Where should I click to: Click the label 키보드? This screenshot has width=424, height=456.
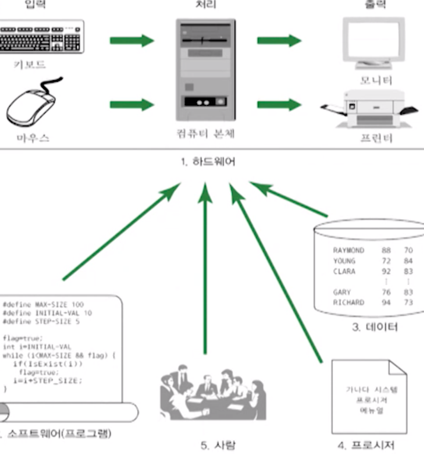click(x=30, y=63)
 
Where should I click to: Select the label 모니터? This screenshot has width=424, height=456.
click(x=376, y=79)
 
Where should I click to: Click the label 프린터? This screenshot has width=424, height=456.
click(x=375, y=137)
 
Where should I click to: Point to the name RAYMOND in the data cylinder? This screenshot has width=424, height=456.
click(x=349, y=250)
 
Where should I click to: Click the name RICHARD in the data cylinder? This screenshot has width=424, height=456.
click(x=349, y=302)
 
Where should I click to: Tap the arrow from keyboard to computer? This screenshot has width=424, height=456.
click(x=131, y=41)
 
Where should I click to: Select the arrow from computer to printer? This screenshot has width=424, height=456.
click(x=279, y=105)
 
